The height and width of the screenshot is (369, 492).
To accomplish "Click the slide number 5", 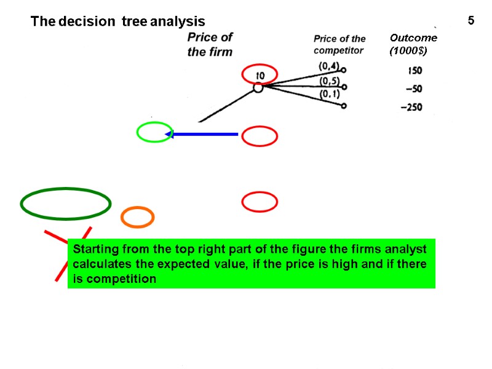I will [470, 21].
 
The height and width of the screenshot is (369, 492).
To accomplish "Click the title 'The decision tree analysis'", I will [118, 22].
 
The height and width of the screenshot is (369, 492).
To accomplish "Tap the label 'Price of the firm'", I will [210, 44].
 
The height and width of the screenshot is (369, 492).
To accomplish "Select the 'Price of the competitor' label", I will [339, 45].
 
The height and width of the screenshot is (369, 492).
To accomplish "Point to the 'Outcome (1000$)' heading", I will [413, 45].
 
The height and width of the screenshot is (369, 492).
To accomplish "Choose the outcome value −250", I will [411, 108].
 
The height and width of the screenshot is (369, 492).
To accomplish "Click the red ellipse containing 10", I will [260, 75].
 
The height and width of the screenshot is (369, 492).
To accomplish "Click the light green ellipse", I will [154, 132].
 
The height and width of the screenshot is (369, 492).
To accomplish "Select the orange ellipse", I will [137, 216].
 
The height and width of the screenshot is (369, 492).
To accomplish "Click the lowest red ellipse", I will [260, 202].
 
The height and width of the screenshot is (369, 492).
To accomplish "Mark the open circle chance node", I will [258, 88].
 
